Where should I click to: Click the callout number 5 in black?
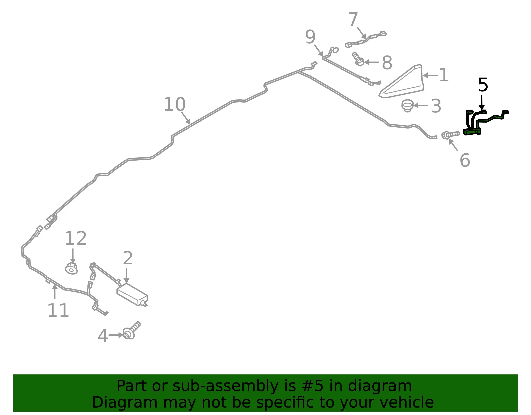(x=483, y=85)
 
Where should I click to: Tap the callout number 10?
(x=175, y=104)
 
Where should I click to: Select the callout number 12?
(x=76, y=238)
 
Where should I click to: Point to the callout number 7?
(x=353, y=19)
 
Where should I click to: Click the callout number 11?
(x=58, y=310)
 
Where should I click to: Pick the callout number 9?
(x=310, y=37)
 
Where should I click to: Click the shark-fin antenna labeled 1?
(x=402, y=81)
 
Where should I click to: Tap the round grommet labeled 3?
(x=407, y=106)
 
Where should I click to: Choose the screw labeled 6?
(x=450, y=135)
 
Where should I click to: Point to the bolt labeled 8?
(x=358, y=59)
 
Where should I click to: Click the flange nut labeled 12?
(x=71, y=268)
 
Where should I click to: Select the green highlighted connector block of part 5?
(x=472, y=132)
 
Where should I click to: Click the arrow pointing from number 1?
(x=430, y=75)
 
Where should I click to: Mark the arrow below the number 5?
(x=482, y=102)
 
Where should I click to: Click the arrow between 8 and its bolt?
(x=372, y=62)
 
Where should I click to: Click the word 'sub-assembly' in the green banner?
(x=226, y=386)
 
